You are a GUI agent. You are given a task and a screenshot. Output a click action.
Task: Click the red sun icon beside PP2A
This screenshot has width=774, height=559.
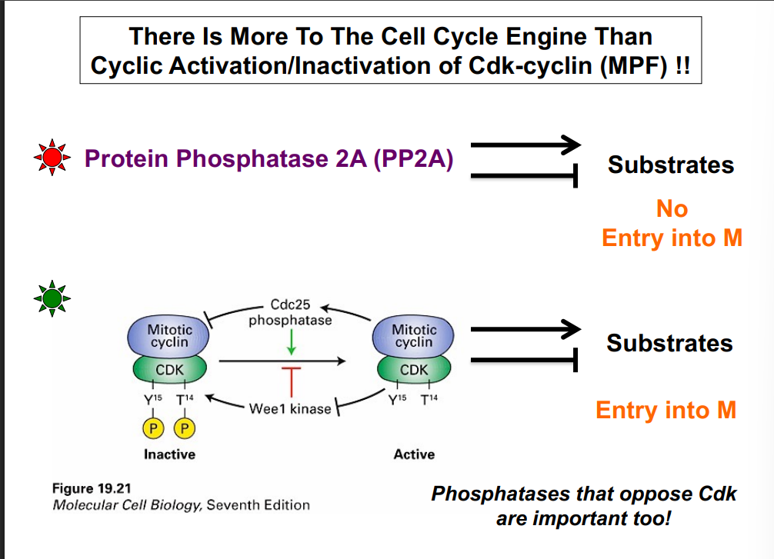click(52, 158)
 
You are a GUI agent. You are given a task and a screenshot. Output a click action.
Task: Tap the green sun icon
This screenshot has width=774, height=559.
click(52, 297)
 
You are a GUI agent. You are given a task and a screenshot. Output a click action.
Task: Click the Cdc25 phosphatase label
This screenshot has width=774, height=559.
click(290, 313)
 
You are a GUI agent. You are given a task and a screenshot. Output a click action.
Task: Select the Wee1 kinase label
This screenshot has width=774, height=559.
click(289, 408)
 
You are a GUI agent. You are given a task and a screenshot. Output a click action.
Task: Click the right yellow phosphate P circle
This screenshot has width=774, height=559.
click(185, 428)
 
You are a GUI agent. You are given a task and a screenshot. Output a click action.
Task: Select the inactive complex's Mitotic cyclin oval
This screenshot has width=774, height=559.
click(169, 336)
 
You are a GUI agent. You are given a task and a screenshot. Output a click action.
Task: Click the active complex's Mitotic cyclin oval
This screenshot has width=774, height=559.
click(414, 336)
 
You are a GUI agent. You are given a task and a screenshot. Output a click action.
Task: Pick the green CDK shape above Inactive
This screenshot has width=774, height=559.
click(169, 370)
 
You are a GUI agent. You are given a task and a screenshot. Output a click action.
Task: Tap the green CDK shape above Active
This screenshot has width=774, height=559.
click(414, 370)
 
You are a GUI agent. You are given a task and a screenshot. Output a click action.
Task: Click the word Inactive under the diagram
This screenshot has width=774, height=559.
click(169, 454)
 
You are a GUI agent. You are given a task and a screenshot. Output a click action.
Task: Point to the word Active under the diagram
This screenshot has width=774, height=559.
click(414, 454)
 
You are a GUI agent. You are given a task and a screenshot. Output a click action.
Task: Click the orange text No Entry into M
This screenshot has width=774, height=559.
click(672, 223)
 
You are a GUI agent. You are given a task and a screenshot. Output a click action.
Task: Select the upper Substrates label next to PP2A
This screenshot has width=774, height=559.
click(671, 165)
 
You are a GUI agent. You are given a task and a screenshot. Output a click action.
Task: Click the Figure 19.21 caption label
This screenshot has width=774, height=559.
click(86, 487)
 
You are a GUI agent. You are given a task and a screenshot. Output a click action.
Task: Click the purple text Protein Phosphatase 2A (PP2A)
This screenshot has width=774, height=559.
click(269, 158)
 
